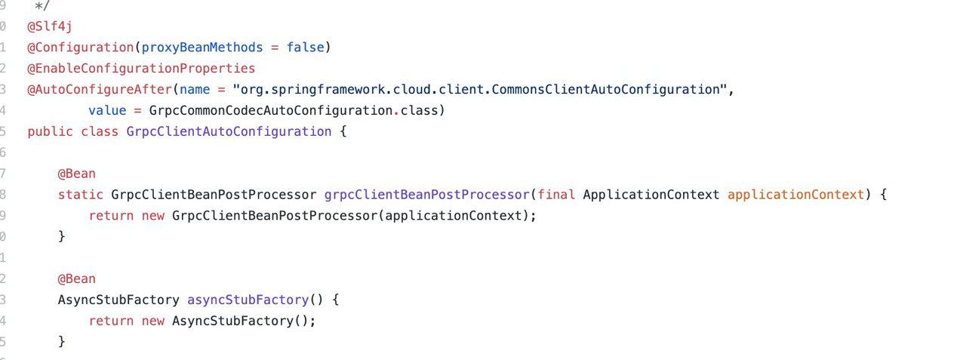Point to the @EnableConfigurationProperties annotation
(141, 69)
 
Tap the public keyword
(50, 131)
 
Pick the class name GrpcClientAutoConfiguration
(229, 131)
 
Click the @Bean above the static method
(77, 174)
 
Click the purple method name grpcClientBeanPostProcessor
(426, 195)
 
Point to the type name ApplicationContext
(651, 195)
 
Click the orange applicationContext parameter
(795, 195)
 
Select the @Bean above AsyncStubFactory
(77, 278)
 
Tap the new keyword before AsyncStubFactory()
(153, 321)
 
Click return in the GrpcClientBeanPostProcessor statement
(111, 216)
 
